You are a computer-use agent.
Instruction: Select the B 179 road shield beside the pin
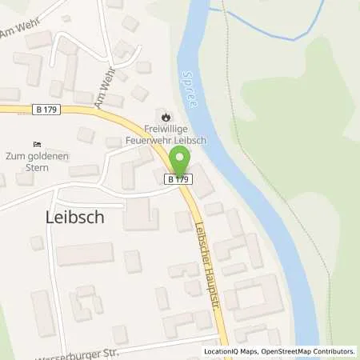coord(178,181)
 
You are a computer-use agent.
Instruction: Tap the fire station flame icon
coord(166,111)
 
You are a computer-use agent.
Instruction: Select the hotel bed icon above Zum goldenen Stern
coord(36,144)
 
